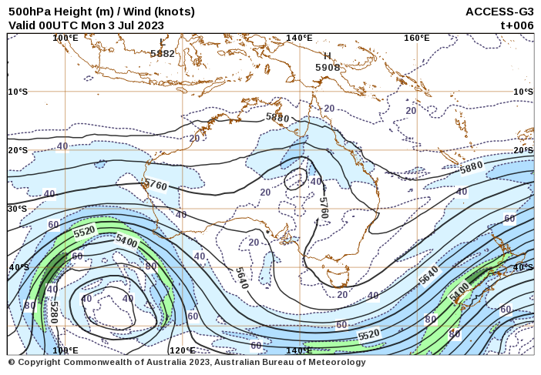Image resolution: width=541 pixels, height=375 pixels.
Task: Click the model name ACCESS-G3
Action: coord(499,12)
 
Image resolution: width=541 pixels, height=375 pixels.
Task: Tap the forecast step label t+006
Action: coord(516,25)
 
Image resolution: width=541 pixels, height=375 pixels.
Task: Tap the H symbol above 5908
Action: coord(328,56)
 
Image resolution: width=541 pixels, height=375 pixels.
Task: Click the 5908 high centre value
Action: coord(328,68)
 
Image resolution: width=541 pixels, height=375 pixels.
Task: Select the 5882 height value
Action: coord(163,54)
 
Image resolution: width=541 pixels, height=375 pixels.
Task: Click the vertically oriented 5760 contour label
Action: coord(324,210)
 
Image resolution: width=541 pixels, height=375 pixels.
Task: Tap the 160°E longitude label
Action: coord(416,38)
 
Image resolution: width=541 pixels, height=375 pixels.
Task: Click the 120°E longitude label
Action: coord(182,350)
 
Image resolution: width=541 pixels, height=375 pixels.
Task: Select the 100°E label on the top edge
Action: coord(66,38)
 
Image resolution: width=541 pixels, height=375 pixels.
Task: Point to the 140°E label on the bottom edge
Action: coord(299,350)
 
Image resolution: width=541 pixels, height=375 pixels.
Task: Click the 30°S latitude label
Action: coord(18,209)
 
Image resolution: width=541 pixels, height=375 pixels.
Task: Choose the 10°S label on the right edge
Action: coord(523,92)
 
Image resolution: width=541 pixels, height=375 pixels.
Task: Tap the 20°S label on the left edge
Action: coord(18,150)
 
